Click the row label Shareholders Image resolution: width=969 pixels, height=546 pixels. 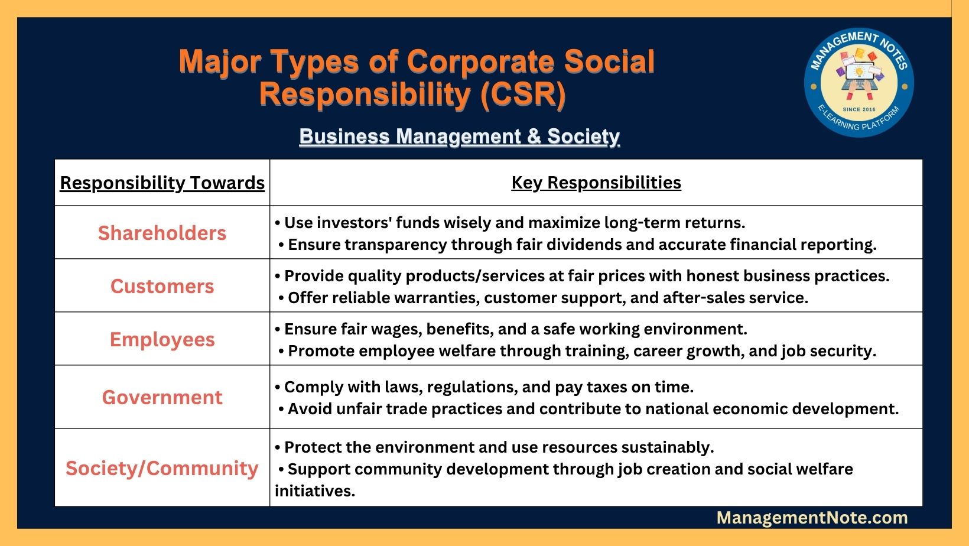click(x=162, y=233)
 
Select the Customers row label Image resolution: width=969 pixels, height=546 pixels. click(x=162, y=286)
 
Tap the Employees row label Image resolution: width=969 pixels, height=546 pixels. click(x=162, y=340)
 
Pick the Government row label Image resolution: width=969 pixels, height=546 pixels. click(x=162, y=397)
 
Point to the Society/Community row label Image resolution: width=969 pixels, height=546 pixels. click(x=162, y=468)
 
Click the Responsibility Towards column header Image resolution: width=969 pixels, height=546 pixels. click(x=162, y=183)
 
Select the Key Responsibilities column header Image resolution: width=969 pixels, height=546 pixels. click(x=596, y=183)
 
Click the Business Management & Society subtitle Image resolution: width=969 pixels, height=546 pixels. click(x=460, y=136)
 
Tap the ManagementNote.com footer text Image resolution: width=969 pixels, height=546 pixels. click(x=812, y=518)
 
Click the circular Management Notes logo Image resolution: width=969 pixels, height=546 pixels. click(x=859, y=83)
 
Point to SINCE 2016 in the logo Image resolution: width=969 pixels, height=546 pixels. click(x=859, y=109)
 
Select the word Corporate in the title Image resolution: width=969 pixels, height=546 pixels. click(x=480, y=61)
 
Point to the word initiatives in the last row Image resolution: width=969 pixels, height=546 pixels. click(x=315, y=492)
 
